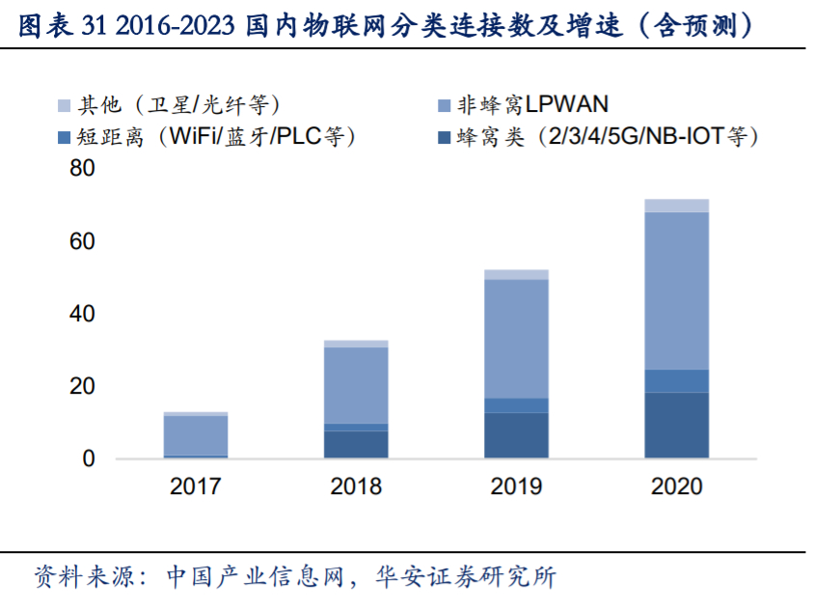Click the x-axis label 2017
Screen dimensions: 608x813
tap(195, 485)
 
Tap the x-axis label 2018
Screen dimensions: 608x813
tap(355, 485)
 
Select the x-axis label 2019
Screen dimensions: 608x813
tap(516, 485)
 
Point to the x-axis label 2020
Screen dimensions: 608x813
tap(676, 485)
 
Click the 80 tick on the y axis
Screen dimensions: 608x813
tap(83, 170)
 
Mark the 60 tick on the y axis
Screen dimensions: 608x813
tap(83, 241)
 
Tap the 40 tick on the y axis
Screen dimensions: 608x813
tap(83, 314)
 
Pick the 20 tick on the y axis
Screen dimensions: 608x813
tap(83, 386)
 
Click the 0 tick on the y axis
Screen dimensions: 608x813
tap(89, 458)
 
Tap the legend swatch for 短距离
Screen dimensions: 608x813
tap(65, 137)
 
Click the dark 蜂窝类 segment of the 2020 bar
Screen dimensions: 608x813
tap(676, 425)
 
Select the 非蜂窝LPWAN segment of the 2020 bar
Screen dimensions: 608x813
tap(676, 290)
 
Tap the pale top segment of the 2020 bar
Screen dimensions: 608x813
tap(676, 205)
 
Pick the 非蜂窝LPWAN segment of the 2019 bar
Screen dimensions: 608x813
tap(516, 338)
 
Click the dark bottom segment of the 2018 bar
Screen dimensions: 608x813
tap(355, 444)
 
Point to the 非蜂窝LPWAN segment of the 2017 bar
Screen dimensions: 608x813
tap(195, 434)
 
